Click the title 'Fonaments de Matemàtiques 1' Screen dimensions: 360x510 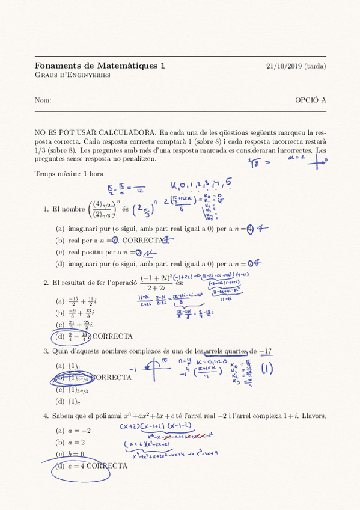point(100,66)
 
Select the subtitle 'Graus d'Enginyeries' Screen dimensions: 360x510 point(72,75)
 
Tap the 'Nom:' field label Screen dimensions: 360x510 point(43,100)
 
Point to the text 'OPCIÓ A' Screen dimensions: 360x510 point(311,100)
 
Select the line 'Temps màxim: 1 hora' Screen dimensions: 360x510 point(70,174)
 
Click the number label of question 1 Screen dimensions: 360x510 point(46,209)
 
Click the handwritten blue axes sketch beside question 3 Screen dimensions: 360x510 point(155,367)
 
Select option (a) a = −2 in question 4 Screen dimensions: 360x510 point(73,431)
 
